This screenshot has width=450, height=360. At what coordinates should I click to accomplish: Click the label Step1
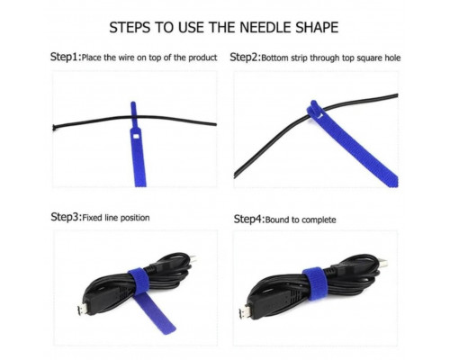[66, 57]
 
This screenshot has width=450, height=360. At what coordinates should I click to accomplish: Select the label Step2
[246, 57]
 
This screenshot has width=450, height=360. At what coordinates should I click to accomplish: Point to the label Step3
[66, 217]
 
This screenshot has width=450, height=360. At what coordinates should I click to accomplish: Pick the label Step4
[249, 219]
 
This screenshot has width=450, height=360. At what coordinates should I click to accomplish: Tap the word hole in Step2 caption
[392, 58]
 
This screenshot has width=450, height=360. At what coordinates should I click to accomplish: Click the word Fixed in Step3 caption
[92, 218]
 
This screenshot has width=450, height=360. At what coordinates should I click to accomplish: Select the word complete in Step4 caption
[319, 220]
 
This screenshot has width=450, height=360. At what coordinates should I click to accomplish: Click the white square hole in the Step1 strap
[135, 137]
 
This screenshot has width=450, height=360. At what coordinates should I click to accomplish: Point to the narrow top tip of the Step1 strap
[133, 103]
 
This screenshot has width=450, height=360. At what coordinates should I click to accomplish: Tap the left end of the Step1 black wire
[54, 128]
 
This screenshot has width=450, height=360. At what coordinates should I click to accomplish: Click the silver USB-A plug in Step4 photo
[382, 264]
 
